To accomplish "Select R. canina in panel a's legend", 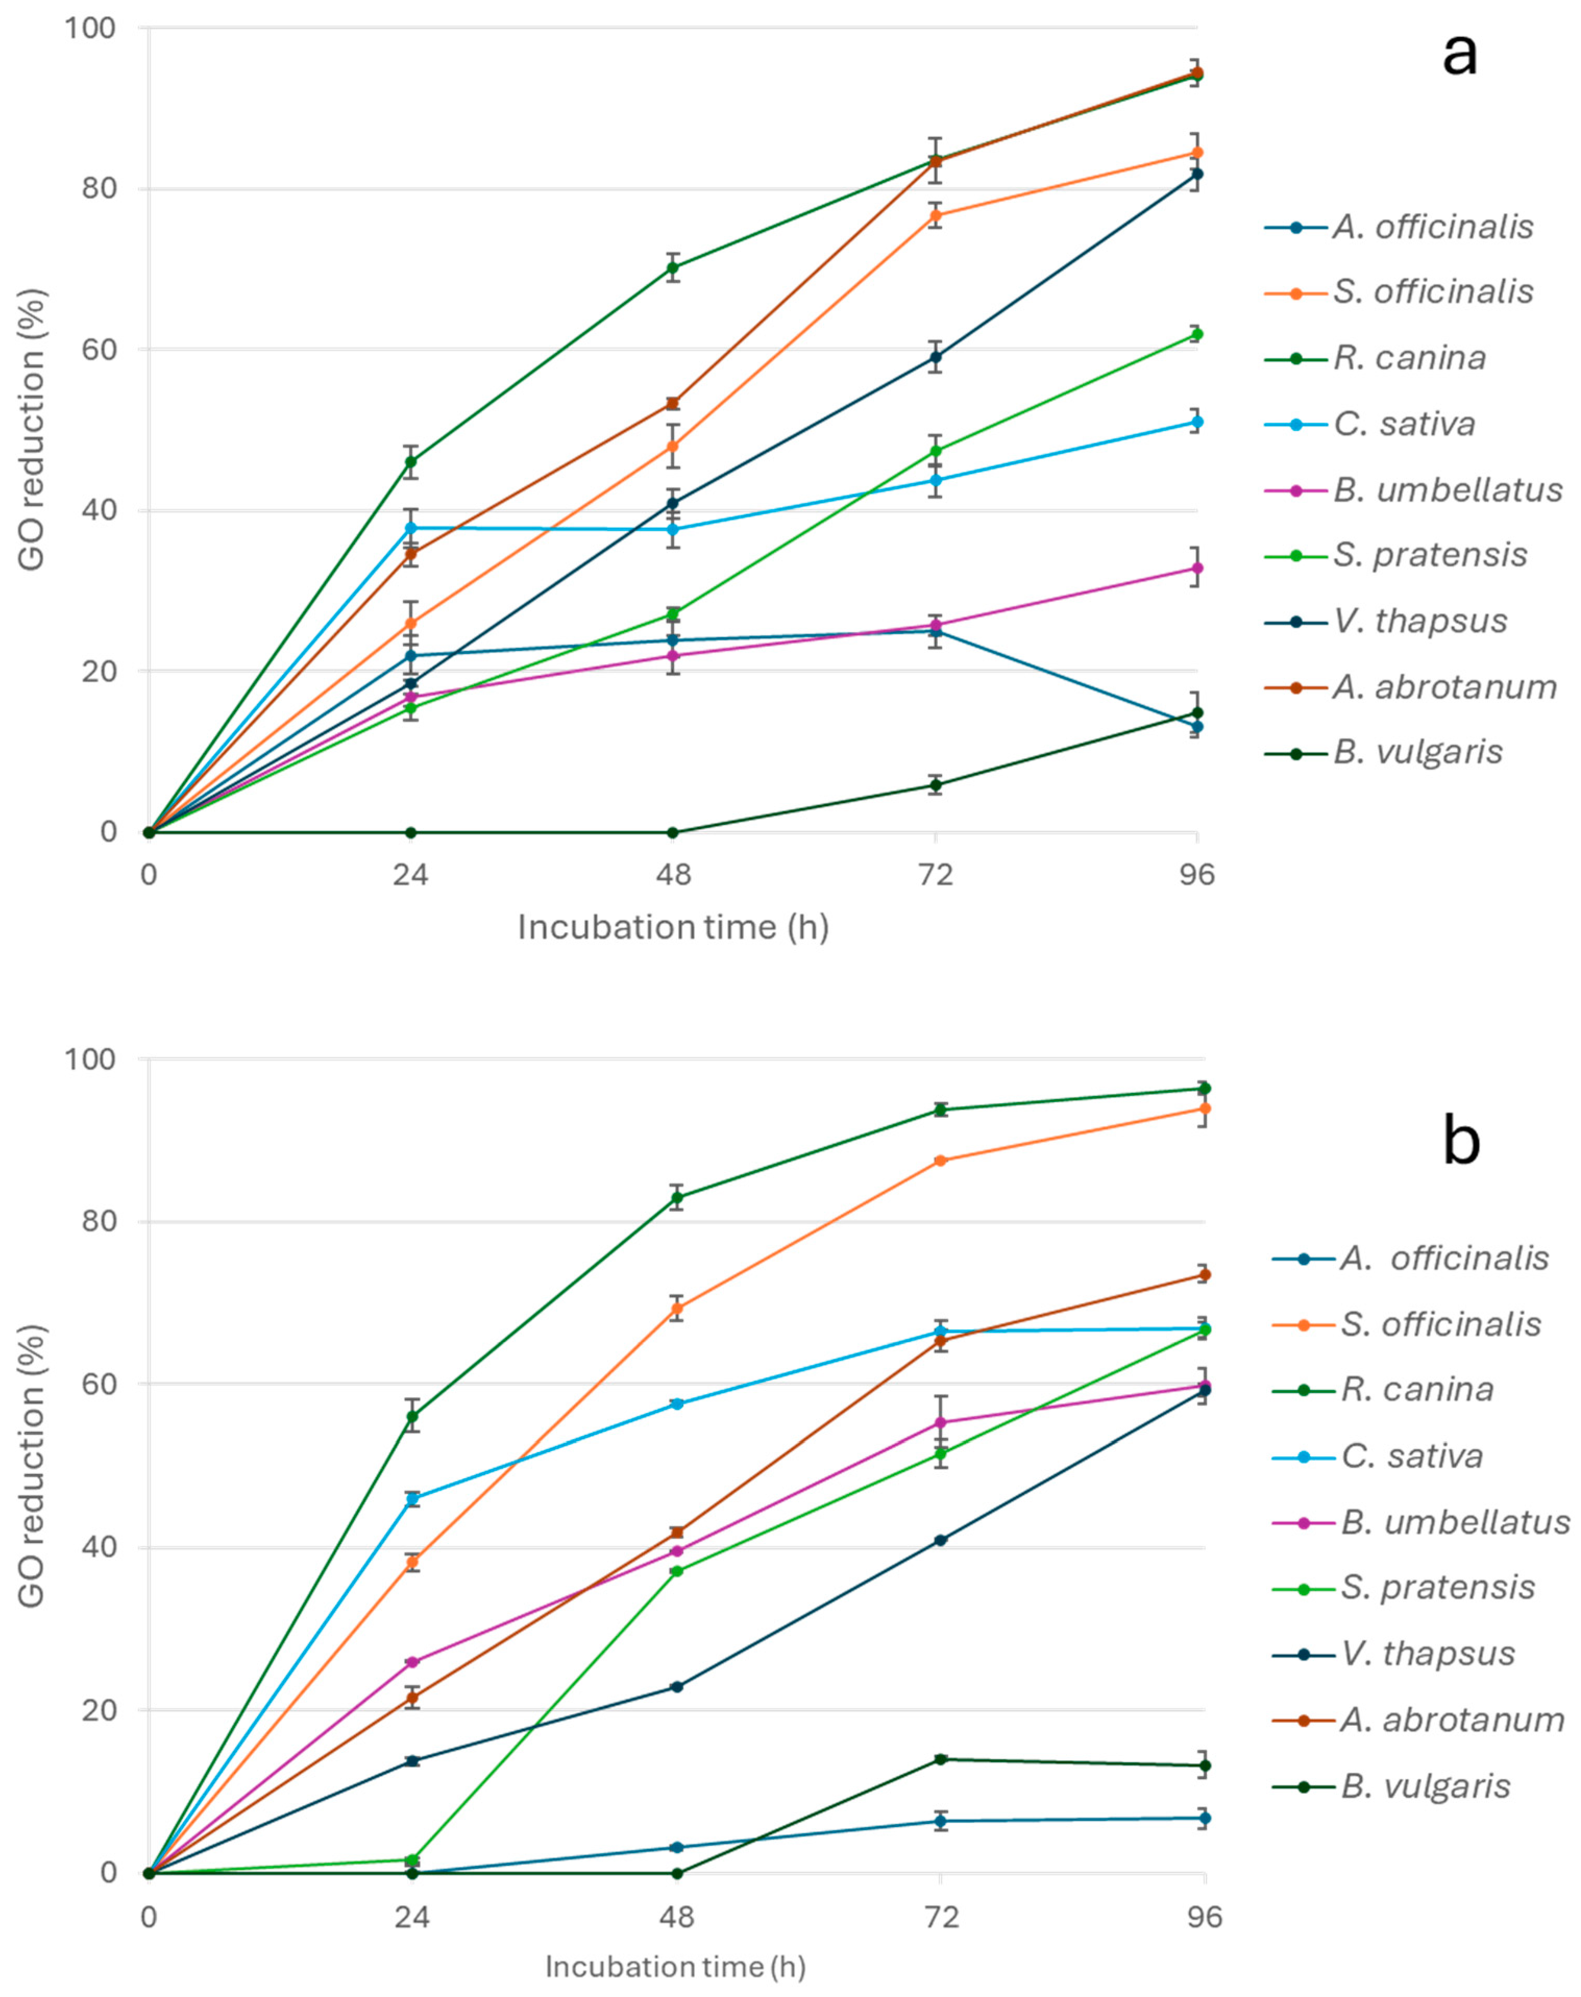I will pyautogui.click(x=1409, y=357).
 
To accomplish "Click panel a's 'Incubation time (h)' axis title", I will pyautogui.click(x=673, y=927).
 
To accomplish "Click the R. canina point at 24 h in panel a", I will pyautogui.click(x=411, y=462).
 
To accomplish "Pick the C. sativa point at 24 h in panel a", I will pyautogui.click(x=411, y=528).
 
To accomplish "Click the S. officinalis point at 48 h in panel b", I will pyautogui.click(x=677, y=1308).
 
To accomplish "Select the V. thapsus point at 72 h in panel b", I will pyautogui.click(x=940, y=1540).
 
